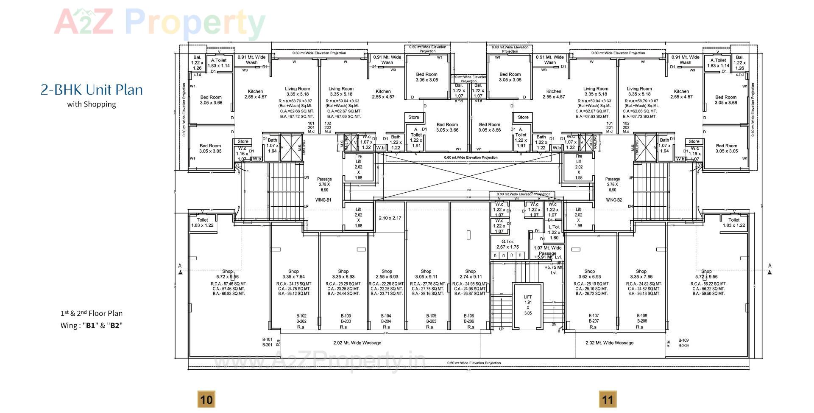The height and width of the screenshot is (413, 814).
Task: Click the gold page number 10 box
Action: [x=206, y=399]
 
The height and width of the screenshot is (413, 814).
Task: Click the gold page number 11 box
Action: [x=608, y=399]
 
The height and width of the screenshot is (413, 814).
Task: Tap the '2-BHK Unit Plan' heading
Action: [x=92, y=90]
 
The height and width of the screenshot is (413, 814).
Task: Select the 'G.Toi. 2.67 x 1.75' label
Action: [x=507, y=244]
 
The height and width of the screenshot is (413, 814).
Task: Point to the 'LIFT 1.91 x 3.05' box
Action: [x=528, y=305]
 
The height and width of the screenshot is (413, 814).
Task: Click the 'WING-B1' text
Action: [x=323, y=200]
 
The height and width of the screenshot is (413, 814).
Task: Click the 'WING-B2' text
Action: [x=613, y=200]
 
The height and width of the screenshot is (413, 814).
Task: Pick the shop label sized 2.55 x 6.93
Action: [x=387, y=274]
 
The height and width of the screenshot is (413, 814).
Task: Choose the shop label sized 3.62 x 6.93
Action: [x=590, y=274]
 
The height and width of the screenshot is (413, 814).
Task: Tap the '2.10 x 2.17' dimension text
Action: [x=390, y=218]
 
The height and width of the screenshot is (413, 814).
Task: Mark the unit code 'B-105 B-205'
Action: [x=431, y=319]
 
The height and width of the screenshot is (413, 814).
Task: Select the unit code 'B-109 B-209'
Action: [x=683, y=343]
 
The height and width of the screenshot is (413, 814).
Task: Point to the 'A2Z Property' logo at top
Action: [x=160, y=22]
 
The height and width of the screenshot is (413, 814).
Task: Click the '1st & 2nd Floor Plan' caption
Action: [x=91, y=314]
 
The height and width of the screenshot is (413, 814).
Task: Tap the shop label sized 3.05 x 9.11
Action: [x=426, y=274]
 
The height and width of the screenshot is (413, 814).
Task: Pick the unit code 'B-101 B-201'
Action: [x=267, y=343]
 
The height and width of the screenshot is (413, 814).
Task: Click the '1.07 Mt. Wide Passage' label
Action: [x=547, y=250]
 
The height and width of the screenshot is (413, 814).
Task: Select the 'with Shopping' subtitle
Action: [x=91, y=104]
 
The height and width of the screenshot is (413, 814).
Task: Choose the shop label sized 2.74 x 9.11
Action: [x=470, y=274]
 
